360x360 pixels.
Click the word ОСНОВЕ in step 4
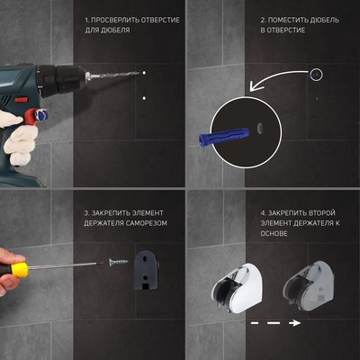point(274,233)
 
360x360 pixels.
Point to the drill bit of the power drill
point(113,75)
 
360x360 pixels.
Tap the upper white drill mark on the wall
point(144,73)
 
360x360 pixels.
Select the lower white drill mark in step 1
point(144,98)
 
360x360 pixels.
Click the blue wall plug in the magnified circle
point(224,137)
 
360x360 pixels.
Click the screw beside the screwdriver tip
point(118,262)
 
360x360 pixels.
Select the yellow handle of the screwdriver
point(19,270)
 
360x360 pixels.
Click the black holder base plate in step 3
point(146,270)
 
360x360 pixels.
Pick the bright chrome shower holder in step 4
point(238,288)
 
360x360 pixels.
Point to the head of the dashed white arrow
point(296,323)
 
